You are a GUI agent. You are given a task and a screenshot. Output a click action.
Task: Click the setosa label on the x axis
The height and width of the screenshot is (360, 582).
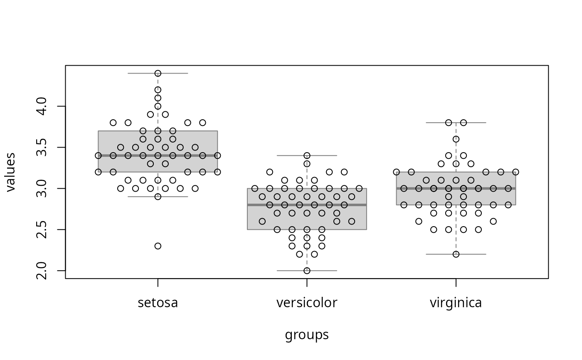(x=158, y=303)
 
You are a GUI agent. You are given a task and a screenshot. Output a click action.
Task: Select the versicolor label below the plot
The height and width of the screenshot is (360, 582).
(x=307, y=303)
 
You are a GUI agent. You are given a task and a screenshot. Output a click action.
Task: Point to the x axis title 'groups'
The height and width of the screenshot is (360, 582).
(x=307, y=335)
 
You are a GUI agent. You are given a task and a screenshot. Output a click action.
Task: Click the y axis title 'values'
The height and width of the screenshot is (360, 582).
(x=10, y=172)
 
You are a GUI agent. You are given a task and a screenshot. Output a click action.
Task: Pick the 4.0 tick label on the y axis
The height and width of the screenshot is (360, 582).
(x=42, y=106)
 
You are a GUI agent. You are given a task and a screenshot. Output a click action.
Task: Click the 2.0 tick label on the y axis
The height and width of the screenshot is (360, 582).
(x=42, y=271)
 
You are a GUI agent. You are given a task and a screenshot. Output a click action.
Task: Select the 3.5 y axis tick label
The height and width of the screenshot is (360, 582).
(x=42, y=147)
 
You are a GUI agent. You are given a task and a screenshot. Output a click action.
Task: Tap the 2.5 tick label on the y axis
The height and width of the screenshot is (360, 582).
(x=42, y=229)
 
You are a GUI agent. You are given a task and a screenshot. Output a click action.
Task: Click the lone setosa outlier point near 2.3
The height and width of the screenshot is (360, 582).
(x=158, y=246)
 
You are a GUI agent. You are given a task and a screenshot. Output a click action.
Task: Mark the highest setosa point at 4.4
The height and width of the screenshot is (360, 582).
(x=158, y=73)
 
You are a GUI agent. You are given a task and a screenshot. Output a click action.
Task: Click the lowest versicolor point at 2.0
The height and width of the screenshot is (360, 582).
(x=307, y=271)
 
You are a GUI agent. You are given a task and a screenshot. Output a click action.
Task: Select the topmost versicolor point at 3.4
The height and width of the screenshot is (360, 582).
(x=307, y=155)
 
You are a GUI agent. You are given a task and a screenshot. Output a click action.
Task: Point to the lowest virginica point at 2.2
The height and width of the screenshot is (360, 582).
(x=456, y=254)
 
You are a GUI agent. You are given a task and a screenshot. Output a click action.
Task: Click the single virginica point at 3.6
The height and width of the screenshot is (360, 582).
(x=456, y=139)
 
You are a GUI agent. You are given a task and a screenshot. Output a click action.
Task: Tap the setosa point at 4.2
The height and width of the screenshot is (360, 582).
(x=158, y=90)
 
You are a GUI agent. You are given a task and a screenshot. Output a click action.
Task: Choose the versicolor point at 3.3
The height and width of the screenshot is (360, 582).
(x=307, y=164)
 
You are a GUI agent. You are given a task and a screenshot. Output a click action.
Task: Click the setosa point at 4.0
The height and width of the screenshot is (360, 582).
(x=158, y=106)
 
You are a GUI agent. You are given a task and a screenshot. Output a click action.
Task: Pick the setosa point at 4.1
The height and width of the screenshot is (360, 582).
(x=158, y=98)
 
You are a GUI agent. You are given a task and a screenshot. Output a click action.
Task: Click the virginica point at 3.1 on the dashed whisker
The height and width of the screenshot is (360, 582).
(x=456, y=180)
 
